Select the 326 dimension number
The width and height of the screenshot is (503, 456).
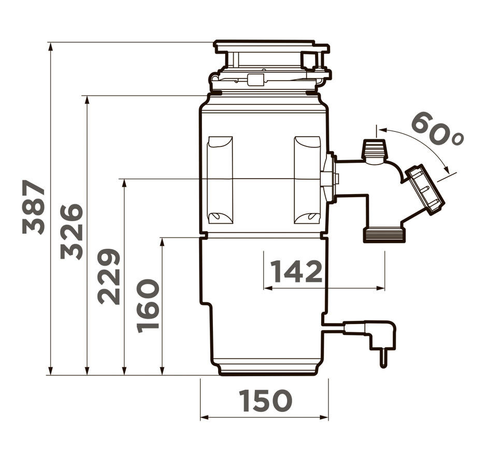[x=72, y=231]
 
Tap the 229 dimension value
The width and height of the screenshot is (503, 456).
[x=109, y=276]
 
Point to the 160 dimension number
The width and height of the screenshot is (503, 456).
[x=148, y=305]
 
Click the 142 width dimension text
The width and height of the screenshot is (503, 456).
[x=296, y=271]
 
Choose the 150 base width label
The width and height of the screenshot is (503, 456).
[x=265, y=401]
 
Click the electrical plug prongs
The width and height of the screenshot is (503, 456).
[x=383, y=358]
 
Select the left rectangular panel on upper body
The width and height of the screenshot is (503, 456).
[x=220, y=180]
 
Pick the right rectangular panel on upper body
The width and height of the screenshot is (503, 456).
[x=307, y=180]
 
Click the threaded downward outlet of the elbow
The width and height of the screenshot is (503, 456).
[x=384, y=234]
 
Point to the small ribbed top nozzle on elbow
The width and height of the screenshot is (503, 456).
[x=375, y=151]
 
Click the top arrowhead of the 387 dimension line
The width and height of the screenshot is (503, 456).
[x=50, y=47]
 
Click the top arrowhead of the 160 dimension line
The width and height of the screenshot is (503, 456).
[x=162, y=242]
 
